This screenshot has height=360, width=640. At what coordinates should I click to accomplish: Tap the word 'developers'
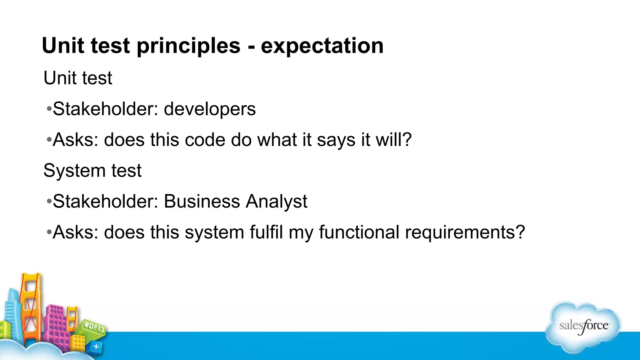[x=210, y=109]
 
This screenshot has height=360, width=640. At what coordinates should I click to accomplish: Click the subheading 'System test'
[x=92, y=171]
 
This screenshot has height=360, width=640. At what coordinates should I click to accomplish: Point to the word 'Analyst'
[x=276, y=202]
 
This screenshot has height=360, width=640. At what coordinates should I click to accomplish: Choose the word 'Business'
[x=202, y=201]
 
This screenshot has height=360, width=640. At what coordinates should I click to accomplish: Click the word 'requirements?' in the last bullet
[x=465, y=232]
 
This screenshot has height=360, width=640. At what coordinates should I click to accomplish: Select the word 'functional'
[x=359, y=232]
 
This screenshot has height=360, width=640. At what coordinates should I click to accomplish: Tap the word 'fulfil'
[x=266, y=232]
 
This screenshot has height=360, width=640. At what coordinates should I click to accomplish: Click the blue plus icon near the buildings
[x=96, y=347]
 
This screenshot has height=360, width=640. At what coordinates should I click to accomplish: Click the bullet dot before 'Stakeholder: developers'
[x=49, y=109]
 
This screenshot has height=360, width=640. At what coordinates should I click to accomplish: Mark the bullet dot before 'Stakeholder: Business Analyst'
[x=49, y=202]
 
